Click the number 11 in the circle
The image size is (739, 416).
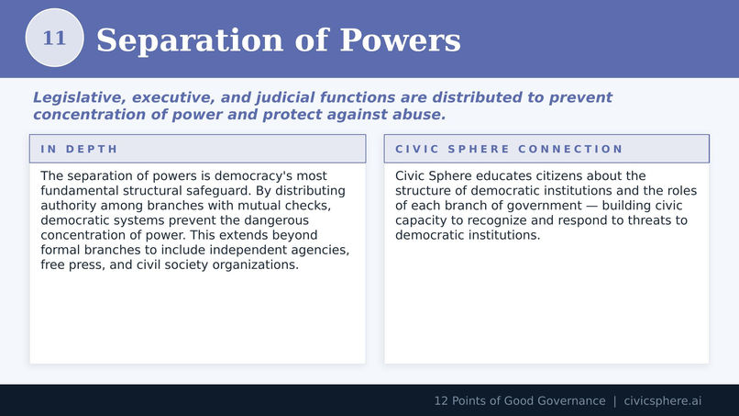(55, 39)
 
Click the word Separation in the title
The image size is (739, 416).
(190, 40)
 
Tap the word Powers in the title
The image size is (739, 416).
(400, 39)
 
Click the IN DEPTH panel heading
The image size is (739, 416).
(79, 149)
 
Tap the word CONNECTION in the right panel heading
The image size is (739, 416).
(570, 149)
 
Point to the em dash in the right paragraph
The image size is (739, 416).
(591, 206)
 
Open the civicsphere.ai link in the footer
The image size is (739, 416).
(663, 401)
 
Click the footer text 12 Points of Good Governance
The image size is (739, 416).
(520, 401)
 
